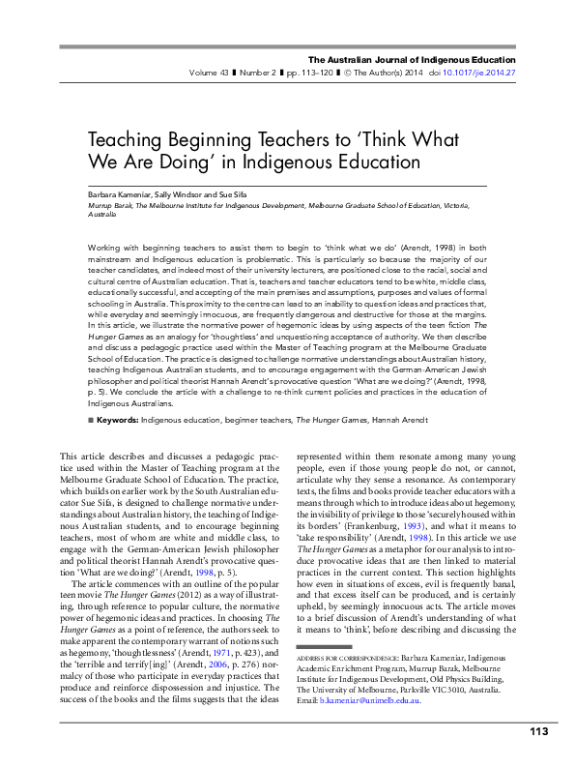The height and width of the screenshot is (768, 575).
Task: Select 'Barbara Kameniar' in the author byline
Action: point(119,194)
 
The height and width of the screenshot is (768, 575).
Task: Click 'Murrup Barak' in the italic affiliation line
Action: point(110,205)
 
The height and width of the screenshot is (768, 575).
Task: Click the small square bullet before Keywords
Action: point(91,420)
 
